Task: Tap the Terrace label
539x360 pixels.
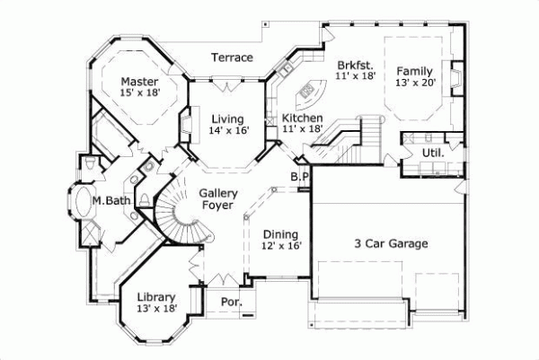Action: (x=232, y=57)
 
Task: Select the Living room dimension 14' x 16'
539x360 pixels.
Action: (x=229, y=130)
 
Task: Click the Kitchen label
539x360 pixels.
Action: (x=303, y=118)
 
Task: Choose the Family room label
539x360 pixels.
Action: (x=415, y=71)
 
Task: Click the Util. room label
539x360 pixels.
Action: (x=432, y=154)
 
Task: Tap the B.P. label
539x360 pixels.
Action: (x=300, y=178)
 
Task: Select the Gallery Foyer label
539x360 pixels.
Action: (x=217, y=197)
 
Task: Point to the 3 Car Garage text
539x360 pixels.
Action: (x=389, y=243)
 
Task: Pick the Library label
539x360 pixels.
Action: (x=156, y=297)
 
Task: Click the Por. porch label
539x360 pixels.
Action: (x=231, y=303)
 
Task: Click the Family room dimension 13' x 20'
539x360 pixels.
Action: (x=415, y=83)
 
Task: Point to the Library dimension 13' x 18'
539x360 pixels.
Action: (x=156, y=310)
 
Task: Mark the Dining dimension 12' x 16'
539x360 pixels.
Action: (x=282, y=245)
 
